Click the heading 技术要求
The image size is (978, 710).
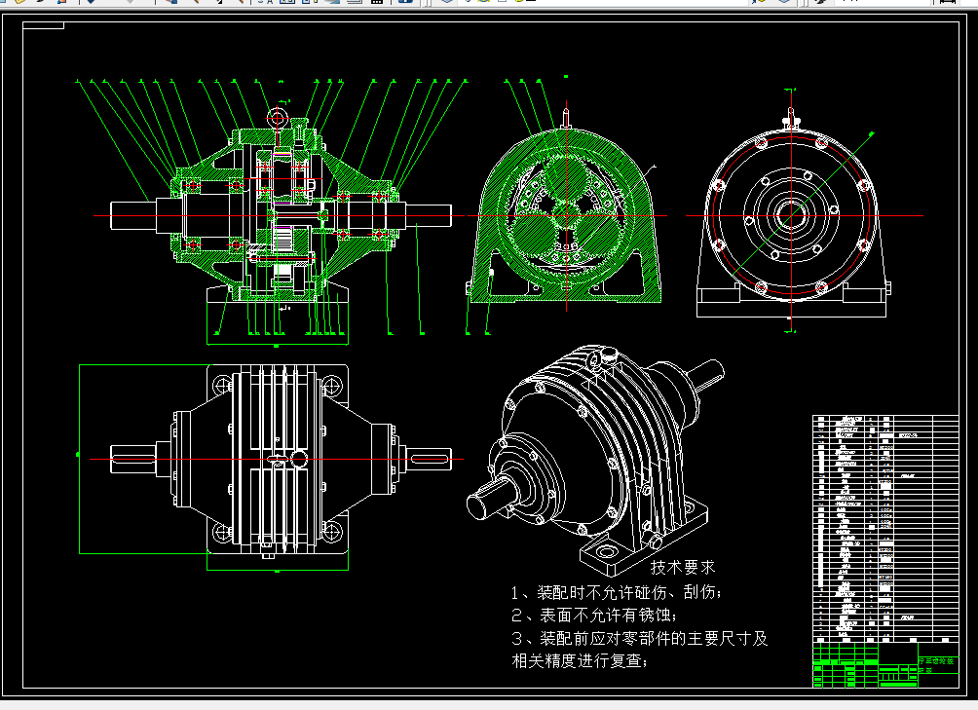683,566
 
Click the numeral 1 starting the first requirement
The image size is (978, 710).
517,592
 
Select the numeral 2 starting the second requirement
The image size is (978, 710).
517,616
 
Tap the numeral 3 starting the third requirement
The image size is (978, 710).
517,639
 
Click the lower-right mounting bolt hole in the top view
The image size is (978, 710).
333,532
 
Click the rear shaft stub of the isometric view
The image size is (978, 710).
709,372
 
